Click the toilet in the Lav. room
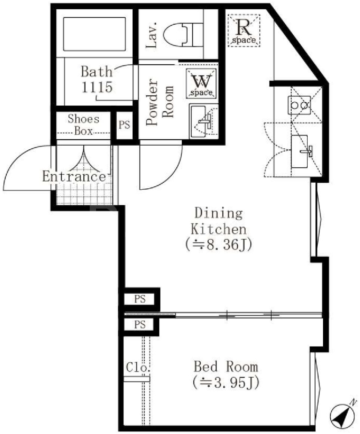[183, 34]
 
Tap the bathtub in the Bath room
[95, 34]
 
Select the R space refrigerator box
[244, 31]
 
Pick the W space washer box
[201, 83]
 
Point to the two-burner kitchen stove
[299, 105]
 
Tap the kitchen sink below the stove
[299, 151]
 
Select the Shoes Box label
[83, 124]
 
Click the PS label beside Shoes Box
[124, 125]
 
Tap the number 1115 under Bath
[97, 87]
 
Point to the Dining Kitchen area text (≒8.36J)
[219, 245]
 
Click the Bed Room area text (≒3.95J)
[226, 383]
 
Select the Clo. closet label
[138, 368]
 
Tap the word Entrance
[74, 177]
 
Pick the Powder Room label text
[160, 102]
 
